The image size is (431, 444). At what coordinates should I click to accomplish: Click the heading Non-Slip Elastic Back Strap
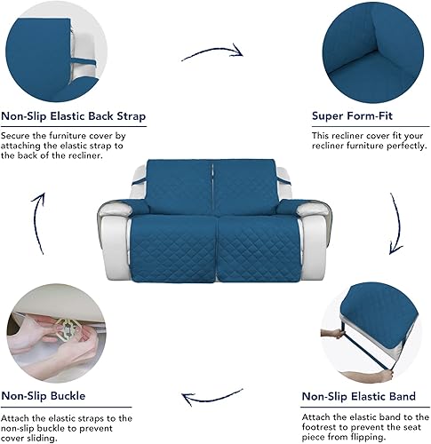coord(74,115)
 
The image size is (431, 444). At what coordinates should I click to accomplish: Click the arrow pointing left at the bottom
coord(211,396)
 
